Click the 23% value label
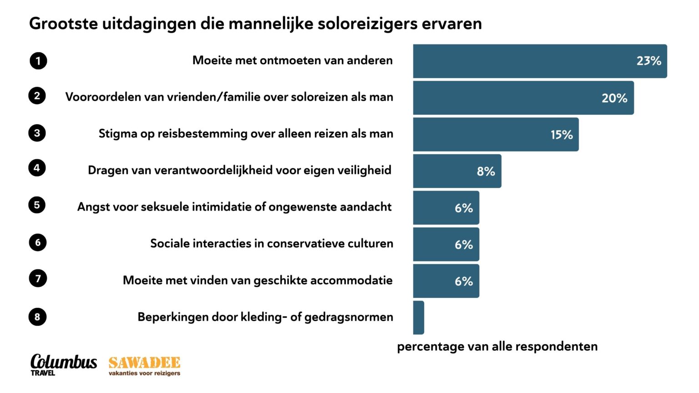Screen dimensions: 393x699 (648, 61)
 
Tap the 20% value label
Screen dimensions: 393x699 (614, 98)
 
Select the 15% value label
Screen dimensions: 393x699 (562, 135)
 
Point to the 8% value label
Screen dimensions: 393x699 (486, 171)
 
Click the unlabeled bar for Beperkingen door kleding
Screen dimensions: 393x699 (419, 317)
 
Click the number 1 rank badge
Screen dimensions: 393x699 (38, 60)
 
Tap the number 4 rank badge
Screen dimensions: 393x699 (37, 168)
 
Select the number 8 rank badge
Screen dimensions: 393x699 (37, 317)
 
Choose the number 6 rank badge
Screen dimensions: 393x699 (38, 242)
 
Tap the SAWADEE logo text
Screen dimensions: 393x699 (144, 363)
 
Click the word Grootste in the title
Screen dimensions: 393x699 (63, 24)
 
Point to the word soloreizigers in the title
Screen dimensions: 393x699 (367, 24)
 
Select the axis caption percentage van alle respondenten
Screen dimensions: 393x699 (497, 347)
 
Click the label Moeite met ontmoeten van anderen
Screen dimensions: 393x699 (292, 60)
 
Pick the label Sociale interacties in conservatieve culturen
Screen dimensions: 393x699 (272, 243)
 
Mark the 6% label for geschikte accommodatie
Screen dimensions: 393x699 (464, 282)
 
